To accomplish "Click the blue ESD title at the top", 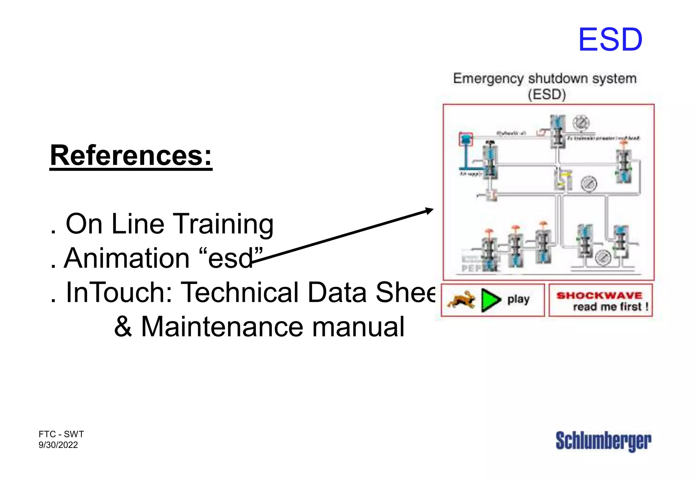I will tap(610, 40).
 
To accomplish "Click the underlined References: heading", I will tap(131, 156).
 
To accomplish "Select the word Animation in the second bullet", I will tap(126, 258).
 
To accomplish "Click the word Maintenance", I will tap(222, 327).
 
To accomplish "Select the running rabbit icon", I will tap(461, 299).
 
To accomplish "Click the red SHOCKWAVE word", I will tap(599, 295).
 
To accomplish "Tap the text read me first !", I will tap(611, 307).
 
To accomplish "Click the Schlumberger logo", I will tap(603, 441).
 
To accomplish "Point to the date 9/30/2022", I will tap(58, 445).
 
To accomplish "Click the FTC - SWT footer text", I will tap(61, 434).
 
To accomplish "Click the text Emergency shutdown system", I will tap(545, 79).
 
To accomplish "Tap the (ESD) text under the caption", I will tap(547, 94).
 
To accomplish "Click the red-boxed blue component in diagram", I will tap(466, 139).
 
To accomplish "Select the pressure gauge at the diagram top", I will tap(581, 123).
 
